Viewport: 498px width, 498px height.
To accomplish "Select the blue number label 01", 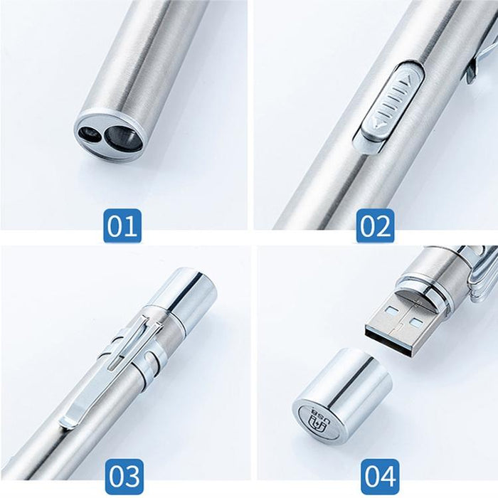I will pyautogui.click(x=122, y=226).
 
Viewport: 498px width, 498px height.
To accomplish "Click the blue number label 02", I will pyautogui.click(x=375, y=226).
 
